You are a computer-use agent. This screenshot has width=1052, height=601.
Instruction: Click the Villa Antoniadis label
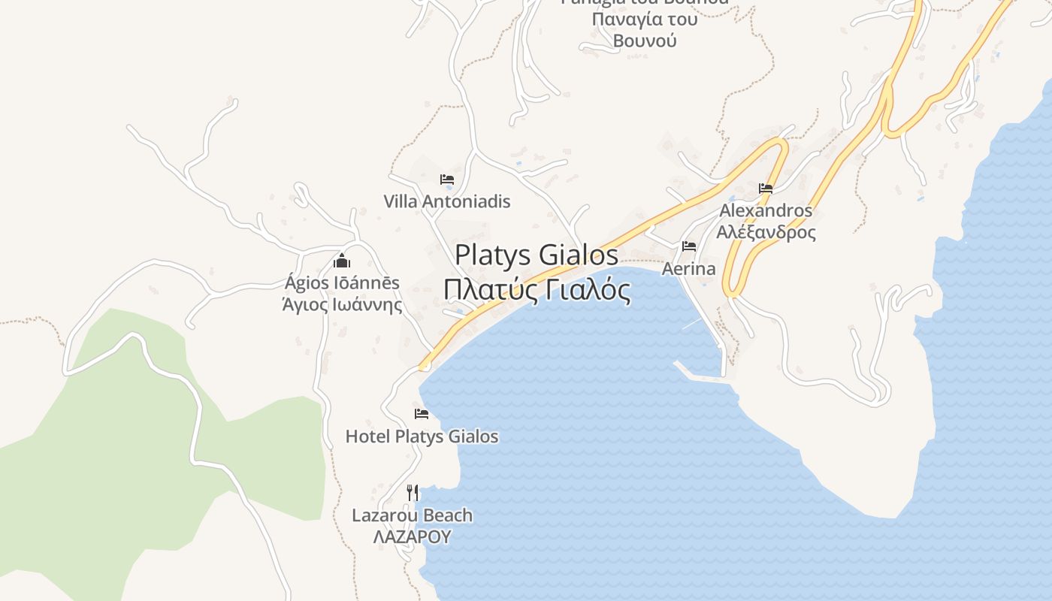click(x=447, y=201)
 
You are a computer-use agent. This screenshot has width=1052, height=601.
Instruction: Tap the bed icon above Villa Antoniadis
click(x=447, y=180)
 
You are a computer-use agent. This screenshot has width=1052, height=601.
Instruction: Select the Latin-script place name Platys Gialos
click(x=537, y=255)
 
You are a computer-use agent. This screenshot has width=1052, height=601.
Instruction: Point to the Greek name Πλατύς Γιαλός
click(x=537, y=289)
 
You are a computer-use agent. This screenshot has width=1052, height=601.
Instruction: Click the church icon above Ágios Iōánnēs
click(x=342, y=261)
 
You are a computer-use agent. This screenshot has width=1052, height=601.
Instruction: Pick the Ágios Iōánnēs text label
click(x=342, y=283)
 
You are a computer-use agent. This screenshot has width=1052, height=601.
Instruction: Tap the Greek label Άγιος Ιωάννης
click(x=342, y=305)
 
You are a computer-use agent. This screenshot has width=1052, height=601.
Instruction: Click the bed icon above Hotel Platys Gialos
click(x=422, y=414)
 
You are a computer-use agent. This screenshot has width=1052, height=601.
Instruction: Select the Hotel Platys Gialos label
click(x=422, y=436)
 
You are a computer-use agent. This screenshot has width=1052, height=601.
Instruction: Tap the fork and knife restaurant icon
click(x=413, y=493)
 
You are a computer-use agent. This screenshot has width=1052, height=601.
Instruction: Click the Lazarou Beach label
click(x=413, y=515)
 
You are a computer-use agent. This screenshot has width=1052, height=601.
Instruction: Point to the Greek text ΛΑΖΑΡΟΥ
click(x=413, y=536)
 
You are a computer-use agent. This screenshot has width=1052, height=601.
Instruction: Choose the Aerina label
click(x=688, y=268)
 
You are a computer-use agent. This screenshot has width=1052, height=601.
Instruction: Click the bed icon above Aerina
click(x=688, y=246)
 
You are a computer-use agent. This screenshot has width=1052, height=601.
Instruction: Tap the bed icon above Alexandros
click(x=766, y=188)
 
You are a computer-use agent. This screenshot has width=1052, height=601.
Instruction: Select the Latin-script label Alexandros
click(x=766, y=210)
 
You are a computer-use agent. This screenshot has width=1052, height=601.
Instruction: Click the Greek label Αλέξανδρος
click(x=766, y=232)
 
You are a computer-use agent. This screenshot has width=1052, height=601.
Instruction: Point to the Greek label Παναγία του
click(x=645, y=19)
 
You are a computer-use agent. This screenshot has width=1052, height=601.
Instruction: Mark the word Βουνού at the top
click(x=645, y=41)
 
